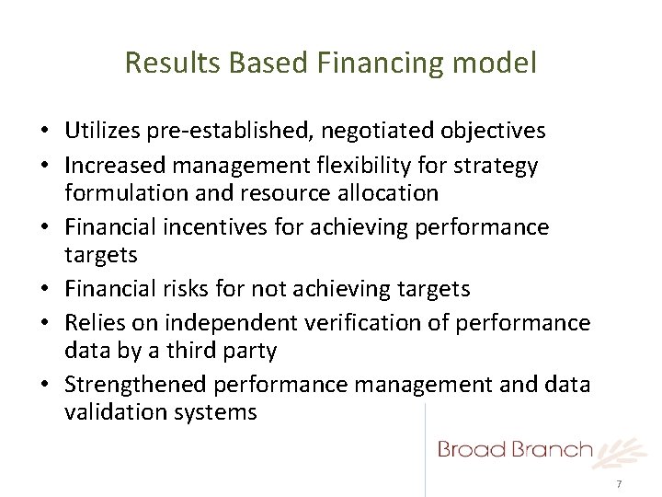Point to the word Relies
94,324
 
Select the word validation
113,411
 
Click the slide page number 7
619,485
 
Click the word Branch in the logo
552,449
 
